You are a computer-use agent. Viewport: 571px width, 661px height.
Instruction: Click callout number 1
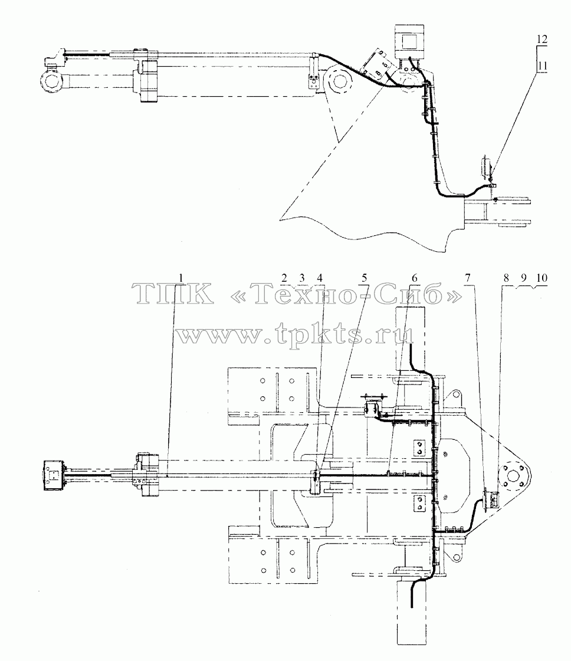(181, 278)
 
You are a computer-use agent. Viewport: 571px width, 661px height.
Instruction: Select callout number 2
(284, 278)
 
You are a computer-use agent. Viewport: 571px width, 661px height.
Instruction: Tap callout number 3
(301, 278)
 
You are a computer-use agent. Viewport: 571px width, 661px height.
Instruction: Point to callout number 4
(319, 278)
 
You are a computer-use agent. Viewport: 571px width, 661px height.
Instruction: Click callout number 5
(364, 278)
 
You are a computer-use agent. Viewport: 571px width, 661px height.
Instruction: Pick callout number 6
(415, 278)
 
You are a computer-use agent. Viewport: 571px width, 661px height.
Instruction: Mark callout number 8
(506, 278)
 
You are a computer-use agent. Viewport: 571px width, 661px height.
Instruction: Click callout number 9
(523, 278)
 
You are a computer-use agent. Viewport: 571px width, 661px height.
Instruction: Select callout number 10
(542, 278)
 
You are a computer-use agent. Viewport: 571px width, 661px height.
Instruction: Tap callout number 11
(542, 66)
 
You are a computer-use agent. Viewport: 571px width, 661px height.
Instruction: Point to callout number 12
(542, 39)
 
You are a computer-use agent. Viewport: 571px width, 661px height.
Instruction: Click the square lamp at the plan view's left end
(53, 475)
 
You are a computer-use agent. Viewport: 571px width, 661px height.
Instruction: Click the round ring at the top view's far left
(52, 81)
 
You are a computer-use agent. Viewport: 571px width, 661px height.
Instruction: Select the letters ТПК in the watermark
(172, 294)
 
